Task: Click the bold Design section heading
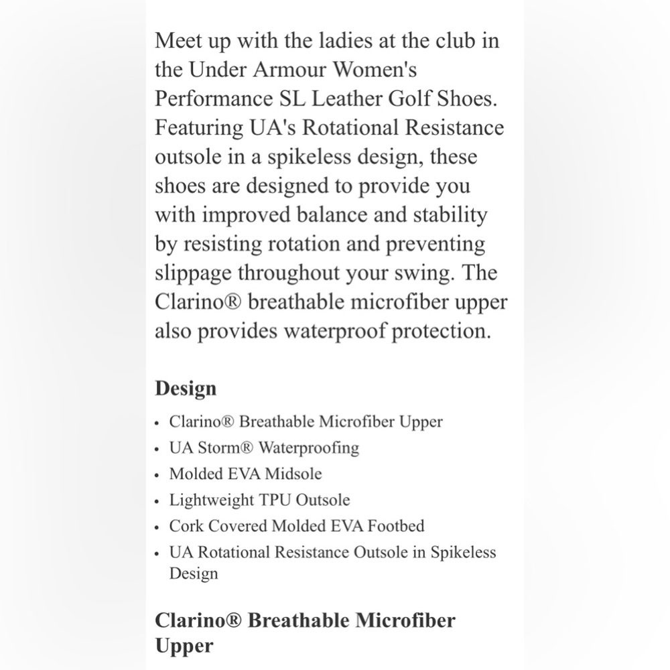tap(186, 389)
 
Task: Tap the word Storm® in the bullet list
tap(226, 448)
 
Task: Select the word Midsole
tap(293, 474)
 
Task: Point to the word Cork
tap(186, 526)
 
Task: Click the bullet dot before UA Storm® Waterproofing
tap(157, 449)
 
